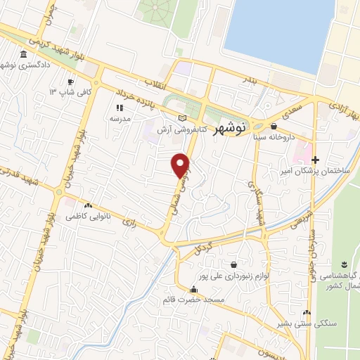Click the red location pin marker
[x=181, y=165]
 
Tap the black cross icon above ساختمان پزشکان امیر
[x=315, y=160]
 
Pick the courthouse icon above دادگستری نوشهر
[x=24, y=54]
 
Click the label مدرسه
[x=119, y=119]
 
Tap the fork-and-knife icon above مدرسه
[x=120, y=108]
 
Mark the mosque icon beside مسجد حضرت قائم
[x=193, y=289]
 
